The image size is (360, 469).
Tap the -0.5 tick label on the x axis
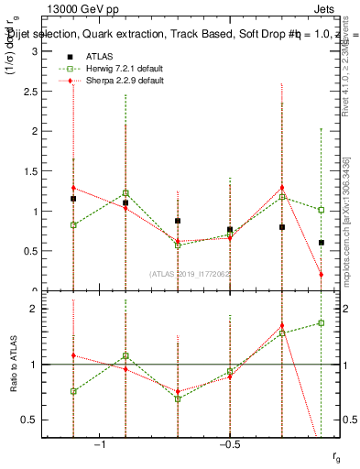(x=228, y=444)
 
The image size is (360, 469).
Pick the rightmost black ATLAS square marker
(x=321, y=243)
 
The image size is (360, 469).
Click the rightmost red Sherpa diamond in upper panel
(x=321, y=274)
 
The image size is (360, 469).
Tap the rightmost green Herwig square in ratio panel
(x=321, y=322)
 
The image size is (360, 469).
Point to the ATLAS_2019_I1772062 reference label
(x=190, y=274)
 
